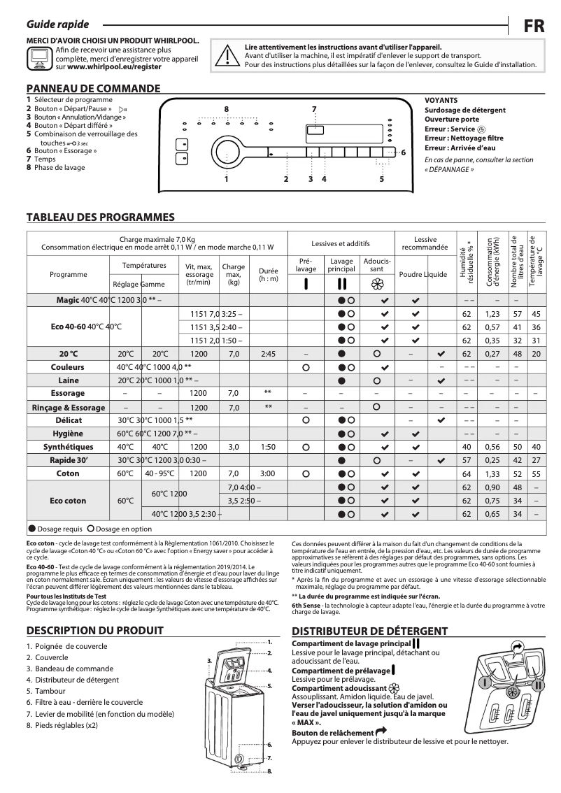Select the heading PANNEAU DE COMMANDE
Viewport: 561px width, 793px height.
click(x=93, y=88)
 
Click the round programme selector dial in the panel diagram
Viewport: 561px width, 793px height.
click(x=227, y=152)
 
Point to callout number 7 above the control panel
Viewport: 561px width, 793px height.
click(x=314, y=109)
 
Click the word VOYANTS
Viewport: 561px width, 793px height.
click(x=441, y=101)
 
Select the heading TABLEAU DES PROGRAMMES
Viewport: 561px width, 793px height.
click(x=100, y=217)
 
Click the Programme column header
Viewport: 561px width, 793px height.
click(x=69, y=275)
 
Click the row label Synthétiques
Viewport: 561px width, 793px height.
click(x=69, y=447)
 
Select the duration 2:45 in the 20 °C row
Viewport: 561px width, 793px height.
click(x=268, y=354)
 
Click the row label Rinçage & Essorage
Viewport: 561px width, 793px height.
click(x=69, y=408)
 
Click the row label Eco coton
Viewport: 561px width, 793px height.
click(x=69, y=501)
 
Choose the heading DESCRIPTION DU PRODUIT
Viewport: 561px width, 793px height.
click(x=94, y=630)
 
